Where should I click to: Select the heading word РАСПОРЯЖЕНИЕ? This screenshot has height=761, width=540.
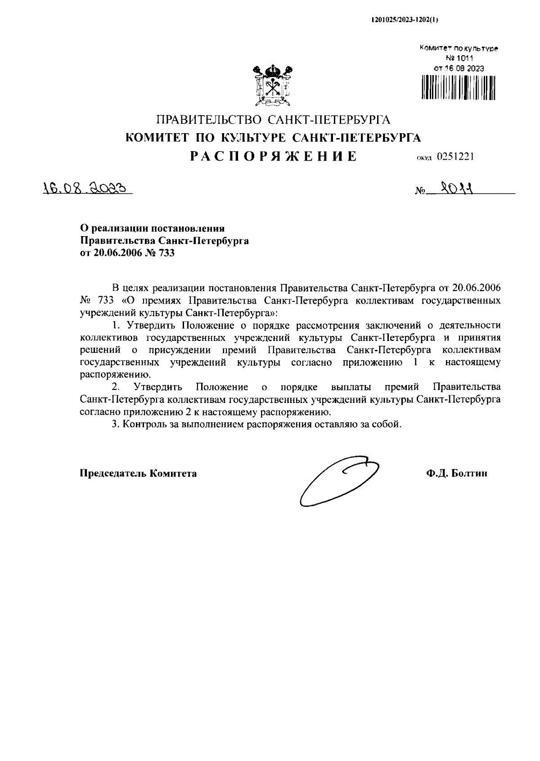(x=273, y=156)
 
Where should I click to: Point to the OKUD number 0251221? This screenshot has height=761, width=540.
(x=456, y=157)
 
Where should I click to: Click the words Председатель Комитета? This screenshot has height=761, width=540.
(x=138, y=473)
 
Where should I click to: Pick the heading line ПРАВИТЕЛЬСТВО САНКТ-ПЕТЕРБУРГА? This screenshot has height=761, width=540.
(x=273, y=120)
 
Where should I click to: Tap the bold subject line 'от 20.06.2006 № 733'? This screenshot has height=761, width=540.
(x=127, y=253)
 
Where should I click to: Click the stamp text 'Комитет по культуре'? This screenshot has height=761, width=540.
(x=459, y=48)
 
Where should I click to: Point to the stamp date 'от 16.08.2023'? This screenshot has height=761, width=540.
(x=459, y=69)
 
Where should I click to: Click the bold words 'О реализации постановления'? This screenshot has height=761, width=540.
(x=152, y=229)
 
